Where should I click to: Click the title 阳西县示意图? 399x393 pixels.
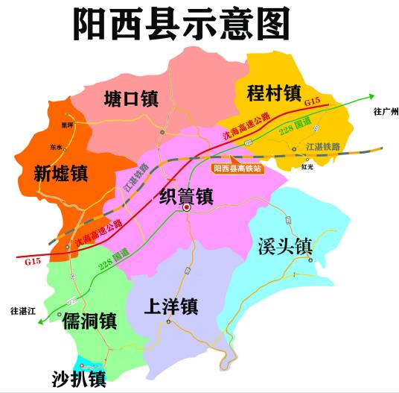pos(181,25)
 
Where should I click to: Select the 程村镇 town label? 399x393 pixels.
pos(273,93)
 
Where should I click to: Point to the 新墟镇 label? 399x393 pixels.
pos(61,174)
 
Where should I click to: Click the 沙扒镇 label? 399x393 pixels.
pos(79,378)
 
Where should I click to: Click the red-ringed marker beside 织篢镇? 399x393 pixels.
pos(187,209)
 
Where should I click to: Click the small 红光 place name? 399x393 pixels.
pos(307,167)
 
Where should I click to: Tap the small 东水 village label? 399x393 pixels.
pos(57,148)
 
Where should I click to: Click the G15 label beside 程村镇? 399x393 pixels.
pos(312,100)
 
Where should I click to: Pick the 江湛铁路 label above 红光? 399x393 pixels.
pos(323,148)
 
